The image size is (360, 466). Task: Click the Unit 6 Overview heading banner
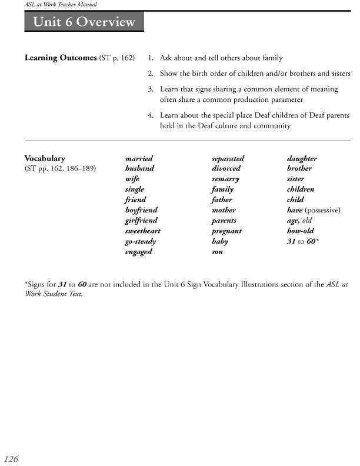click(84, 23)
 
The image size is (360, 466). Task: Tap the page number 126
click(12, 459)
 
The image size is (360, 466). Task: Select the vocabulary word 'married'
click(139, 159)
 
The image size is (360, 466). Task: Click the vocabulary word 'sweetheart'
click(142, 231)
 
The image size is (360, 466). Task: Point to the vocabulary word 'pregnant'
click(226, 231)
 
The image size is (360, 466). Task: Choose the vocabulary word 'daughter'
click(302, 159)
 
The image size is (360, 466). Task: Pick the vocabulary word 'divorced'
click(226, 169)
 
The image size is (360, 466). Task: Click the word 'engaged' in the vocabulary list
click(138, 252)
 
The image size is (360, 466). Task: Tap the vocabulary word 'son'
click(217, 252)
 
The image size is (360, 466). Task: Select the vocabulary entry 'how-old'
click(299, 231)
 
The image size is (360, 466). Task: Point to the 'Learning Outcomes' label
click(57, 58)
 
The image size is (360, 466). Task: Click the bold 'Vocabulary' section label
click(45, 159)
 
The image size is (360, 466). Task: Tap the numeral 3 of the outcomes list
click(151, 89)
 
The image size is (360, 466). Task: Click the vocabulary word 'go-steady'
click(140, 241)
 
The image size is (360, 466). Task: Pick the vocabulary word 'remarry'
click(225, 179)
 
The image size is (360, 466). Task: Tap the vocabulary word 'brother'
click(299, 169)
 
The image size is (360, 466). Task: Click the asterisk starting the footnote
click(26, 284)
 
